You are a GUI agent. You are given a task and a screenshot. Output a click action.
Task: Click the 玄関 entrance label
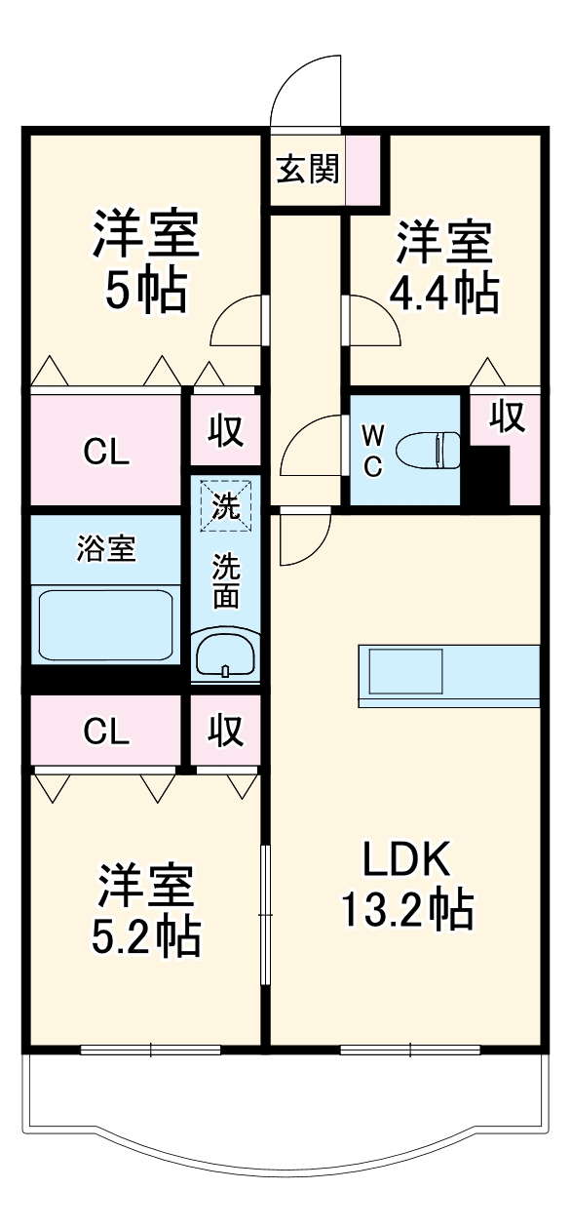(x=308, y=170)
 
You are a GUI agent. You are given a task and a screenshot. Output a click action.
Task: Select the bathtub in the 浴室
(x=105, y=624)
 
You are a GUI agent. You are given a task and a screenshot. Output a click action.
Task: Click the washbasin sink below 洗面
(x=225, y=654)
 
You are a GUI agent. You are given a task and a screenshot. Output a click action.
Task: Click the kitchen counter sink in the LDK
(x=404, y=673)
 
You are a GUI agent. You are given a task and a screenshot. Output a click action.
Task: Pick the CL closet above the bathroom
(x=105, y=451)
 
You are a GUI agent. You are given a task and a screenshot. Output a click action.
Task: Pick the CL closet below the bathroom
(x=105, y=732)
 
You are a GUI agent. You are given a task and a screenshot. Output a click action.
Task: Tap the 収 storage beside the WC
(x=507, y=417)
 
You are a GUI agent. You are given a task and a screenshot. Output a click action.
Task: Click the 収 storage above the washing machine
(x=225, y=430)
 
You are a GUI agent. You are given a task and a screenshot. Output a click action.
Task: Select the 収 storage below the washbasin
(x=225, y=731)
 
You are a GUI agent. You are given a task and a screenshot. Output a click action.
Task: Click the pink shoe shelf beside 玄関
(x=362, y=170)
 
